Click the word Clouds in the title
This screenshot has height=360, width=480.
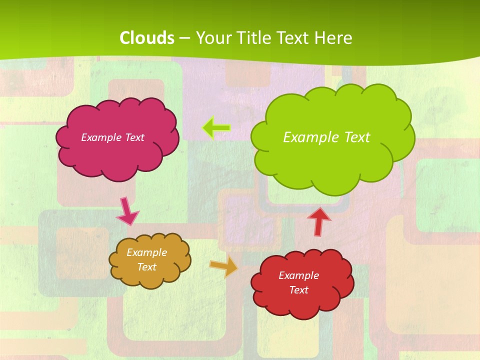pos(147,38)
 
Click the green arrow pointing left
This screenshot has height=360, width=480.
pos(216,128)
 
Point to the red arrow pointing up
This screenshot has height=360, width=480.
pos(318,221)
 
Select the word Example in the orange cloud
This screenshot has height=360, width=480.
pos(147,252)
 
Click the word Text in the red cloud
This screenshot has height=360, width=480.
pos(298,290)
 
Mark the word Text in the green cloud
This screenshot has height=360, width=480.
pos(357,137)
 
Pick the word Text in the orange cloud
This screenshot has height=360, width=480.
pos(147,267)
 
